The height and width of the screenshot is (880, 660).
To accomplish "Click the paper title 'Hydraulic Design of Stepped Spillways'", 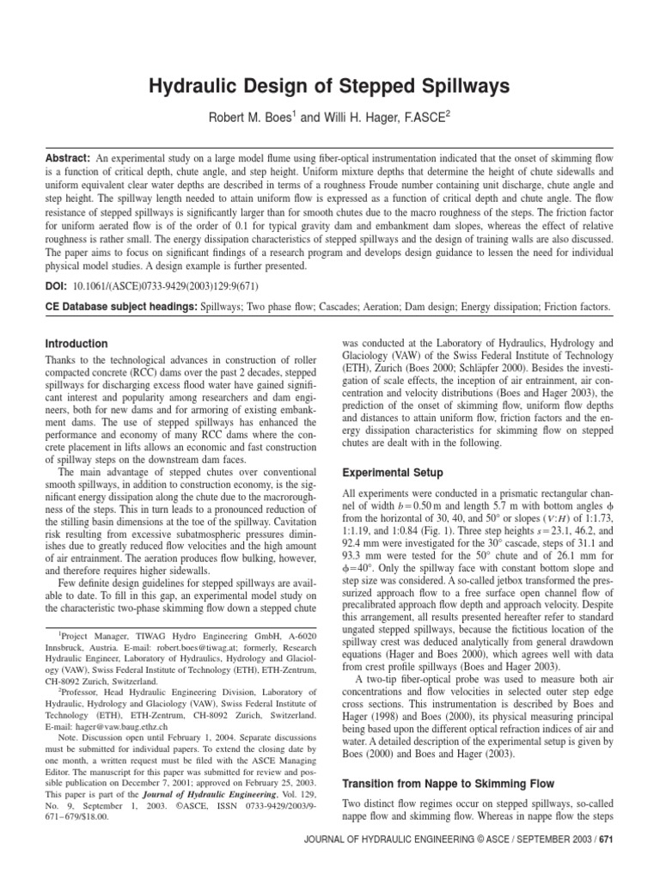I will pyautogui.click(x=330, y=86).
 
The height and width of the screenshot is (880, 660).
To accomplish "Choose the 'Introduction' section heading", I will pyautogui.click(x=76, y=344).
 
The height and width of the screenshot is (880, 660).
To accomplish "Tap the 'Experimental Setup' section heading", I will pyautogui.click(x=394, y=472).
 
